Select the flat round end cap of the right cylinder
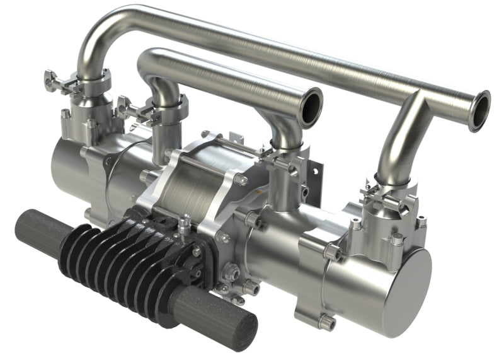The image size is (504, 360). click(x=413, y=283)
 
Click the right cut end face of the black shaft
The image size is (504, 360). click(x=243, y=331)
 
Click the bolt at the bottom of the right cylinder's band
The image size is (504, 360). click(x=327, y=322)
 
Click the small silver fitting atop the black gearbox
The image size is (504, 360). click(x=184, y=222)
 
